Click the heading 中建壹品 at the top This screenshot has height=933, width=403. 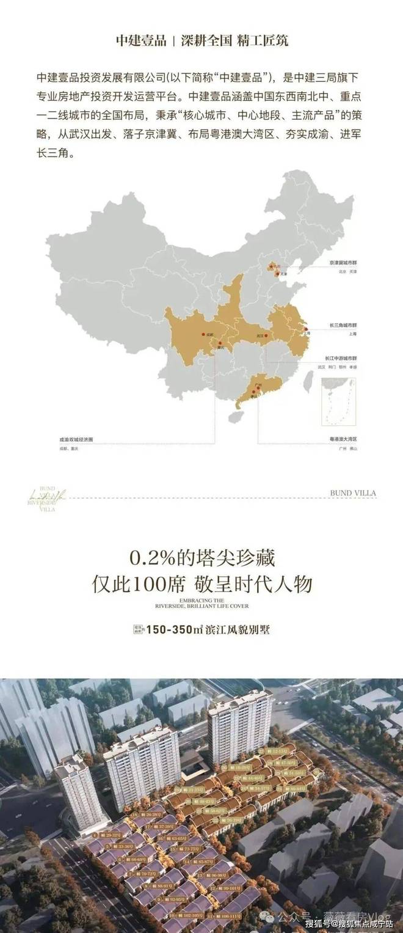tap(140, 41)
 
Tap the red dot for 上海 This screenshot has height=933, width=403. tap(303, 328)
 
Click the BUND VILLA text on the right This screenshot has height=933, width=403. tap(352, 492)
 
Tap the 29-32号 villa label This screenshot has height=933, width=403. tap(111, 834)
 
